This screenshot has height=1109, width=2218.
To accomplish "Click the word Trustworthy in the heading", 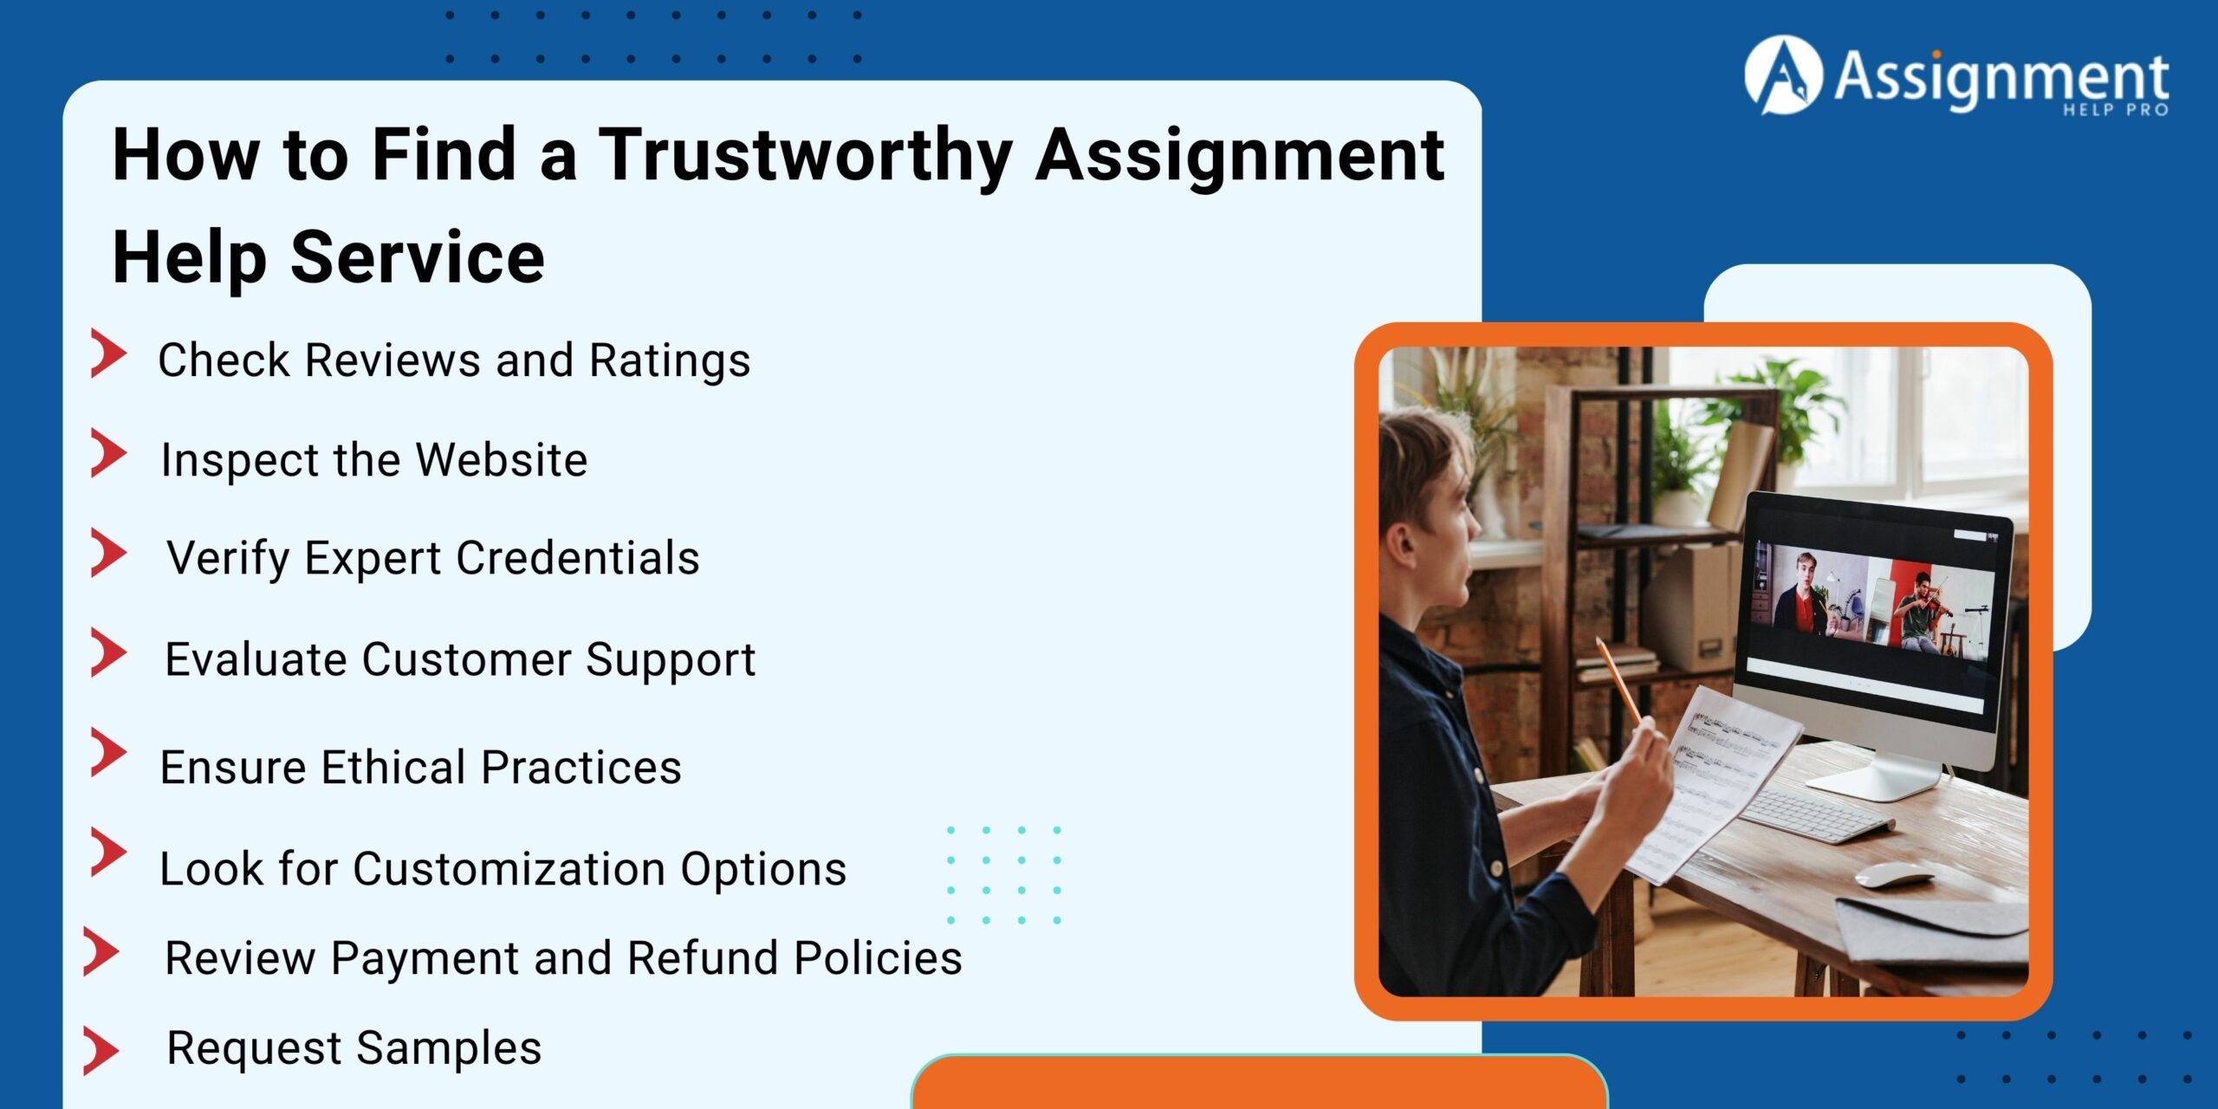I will [x=806, y=156].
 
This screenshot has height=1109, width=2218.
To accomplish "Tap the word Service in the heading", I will [x=418, y=257].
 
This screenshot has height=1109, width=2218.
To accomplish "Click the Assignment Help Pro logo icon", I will [x=1782, y=75].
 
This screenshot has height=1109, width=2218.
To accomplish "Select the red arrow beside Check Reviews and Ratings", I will [x=108, y=353].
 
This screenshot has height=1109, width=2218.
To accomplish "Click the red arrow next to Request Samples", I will [x=101, y=1050].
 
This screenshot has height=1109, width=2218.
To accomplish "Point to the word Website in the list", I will [x=502, y=459].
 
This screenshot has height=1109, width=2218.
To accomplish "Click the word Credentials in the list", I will [x=578, y=558].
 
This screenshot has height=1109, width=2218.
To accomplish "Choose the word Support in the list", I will [x=670, y=660].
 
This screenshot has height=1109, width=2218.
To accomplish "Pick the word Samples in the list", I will [x=449, y=1048].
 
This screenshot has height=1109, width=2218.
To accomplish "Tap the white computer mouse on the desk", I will [x=1893, y=875].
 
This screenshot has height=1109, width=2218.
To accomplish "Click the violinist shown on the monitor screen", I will [x=1923, y=612].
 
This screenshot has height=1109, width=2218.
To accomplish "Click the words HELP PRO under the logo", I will [x=2115, y=110].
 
